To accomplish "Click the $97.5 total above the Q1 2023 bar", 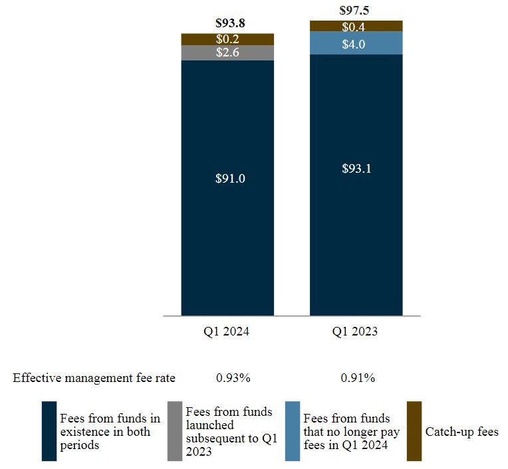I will click(356, 10).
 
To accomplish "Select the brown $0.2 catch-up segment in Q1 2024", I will click(227, 39).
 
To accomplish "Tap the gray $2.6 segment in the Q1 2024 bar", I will click(227, 52).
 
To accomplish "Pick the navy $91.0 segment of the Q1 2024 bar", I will click(227, 179).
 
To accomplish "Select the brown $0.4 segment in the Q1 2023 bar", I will click(356, 27).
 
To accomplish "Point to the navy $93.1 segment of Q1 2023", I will click(356, 169).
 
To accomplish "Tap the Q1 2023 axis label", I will click(356, 331).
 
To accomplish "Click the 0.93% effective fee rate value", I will click(233, 378).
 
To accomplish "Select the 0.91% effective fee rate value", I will click(358, 378).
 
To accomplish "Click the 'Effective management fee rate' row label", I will click(94, 378).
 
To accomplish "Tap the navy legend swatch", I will click(49, 431).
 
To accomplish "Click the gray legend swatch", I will click(174, 431).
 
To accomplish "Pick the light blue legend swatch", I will click(292, 431).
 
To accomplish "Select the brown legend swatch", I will click(413, 431).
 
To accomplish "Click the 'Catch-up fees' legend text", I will click(461, 432).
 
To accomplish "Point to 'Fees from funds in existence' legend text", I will click(110, 432).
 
